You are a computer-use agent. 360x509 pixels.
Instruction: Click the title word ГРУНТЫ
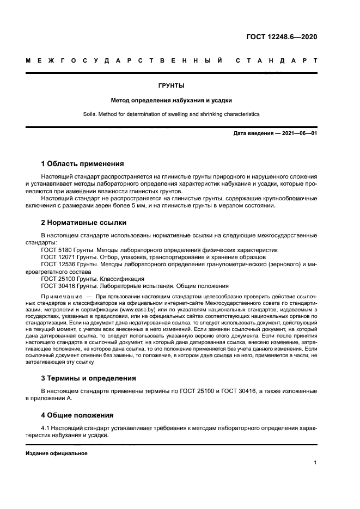(171, 86)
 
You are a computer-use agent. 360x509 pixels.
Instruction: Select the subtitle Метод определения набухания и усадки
(172, 100)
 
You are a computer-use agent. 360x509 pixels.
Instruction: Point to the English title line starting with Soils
(172, 114)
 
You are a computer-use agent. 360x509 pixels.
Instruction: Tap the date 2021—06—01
(298, 133)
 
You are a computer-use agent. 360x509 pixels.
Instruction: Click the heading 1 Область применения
(83, 164)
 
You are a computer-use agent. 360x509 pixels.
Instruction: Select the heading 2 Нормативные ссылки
(84, 222)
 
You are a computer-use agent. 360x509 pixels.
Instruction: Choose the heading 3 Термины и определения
(89, 378)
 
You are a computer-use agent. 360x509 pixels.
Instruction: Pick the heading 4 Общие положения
(77, 415)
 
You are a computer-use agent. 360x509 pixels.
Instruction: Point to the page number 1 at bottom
(315, 463)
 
